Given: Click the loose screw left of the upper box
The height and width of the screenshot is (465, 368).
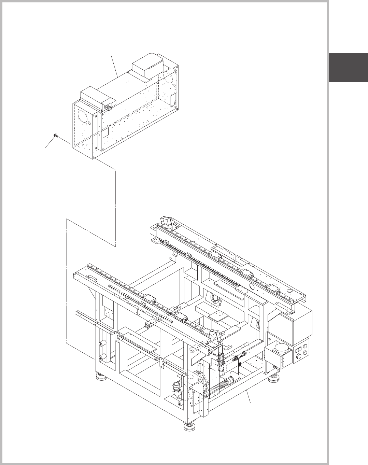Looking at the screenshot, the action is (55, 136).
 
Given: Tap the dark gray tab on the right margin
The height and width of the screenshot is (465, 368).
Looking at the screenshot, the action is (348, 68).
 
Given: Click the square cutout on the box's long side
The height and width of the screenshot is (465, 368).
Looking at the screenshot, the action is (105, 132).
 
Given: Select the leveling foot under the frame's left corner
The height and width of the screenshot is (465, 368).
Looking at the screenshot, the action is (101, 376).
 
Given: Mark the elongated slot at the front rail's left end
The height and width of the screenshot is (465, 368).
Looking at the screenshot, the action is (93, 276).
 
